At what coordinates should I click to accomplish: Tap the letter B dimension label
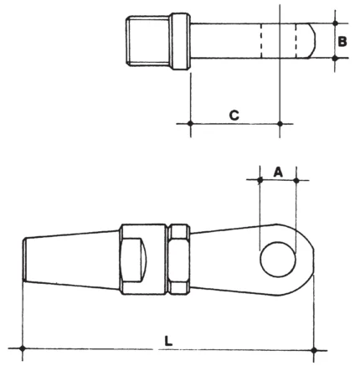[343, 39]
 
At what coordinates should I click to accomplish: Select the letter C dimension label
[234, 114]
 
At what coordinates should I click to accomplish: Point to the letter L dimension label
[168, 341]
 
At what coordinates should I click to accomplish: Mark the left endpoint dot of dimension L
[23, 348]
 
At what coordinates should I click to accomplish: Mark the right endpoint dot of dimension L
[314, 348]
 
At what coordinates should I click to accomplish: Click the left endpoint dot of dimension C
[190, 124]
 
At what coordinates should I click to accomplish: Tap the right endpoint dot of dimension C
[279, 124]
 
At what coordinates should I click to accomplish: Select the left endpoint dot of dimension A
[260, 179]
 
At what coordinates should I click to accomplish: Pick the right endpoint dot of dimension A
[296, 179]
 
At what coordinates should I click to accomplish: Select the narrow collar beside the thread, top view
[179, 40]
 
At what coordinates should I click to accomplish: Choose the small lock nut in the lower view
[177, 259]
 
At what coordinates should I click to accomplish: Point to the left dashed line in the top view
[260, 40]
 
